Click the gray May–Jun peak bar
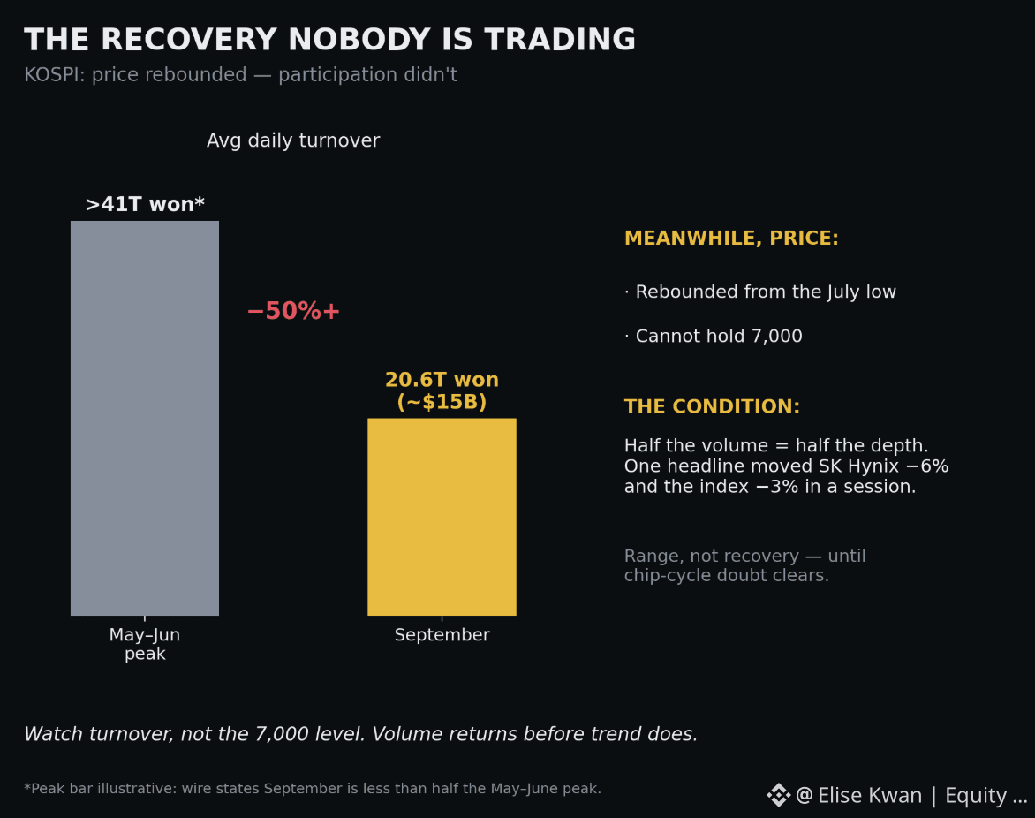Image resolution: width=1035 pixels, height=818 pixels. point(145,418)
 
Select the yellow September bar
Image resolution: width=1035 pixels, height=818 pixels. point(442,517)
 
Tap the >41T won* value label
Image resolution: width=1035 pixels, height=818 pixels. point(145,204)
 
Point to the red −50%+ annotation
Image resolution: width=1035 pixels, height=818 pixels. point(293,311)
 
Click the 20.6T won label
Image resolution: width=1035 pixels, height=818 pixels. point(442,380)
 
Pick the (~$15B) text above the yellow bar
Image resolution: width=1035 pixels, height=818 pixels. point(442,401)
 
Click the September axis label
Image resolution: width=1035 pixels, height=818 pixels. point(442,634)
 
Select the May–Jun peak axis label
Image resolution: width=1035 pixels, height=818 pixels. point(145,644)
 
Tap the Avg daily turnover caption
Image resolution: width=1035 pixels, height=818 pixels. point(293,140)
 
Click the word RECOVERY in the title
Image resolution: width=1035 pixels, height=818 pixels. point(189,40)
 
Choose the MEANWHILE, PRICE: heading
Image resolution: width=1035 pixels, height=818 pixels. point(731,238)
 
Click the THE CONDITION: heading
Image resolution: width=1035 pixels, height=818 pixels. point(712,406)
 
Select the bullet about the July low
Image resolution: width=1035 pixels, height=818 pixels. point(760,292)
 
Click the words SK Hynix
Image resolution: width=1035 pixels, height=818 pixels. point(858,466)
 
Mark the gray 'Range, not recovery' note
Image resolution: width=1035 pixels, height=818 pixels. point(744,565)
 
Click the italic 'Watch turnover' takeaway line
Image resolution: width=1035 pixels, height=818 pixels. point(360,734)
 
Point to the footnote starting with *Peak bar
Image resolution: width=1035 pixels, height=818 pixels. point(313,788)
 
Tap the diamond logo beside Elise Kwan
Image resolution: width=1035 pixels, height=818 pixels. point(779,795)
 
